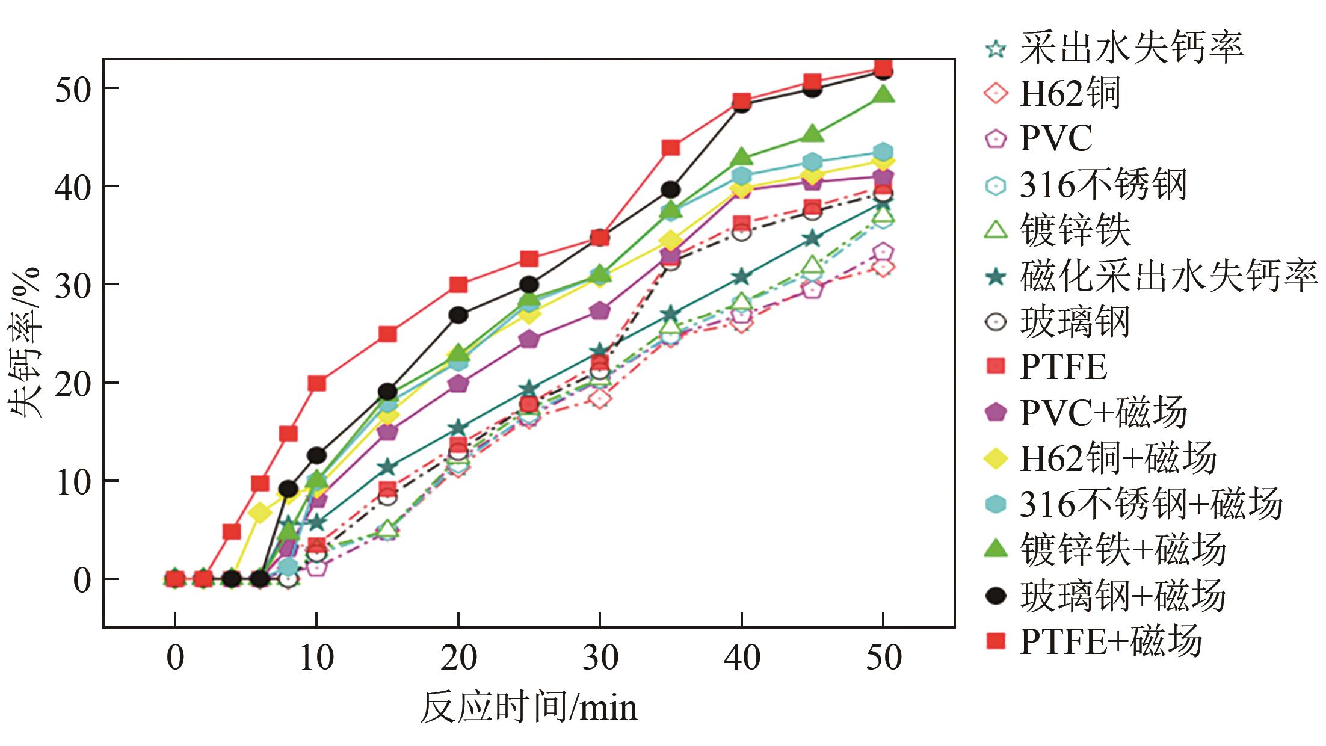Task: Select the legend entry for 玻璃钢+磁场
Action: [1122, 595]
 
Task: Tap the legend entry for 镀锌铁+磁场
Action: [1122, 549]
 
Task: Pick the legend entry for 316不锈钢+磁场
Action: [1150, 504]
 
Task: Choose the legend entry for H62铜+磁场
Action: [1117, 458]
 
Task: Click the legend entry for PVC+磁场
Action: [1103, 413]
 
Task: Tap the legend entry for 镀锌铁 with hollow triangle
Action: [1075, 230]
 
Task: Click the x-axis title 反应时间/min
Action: [528, 707]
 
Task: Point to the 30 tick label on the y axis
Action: [73, 284]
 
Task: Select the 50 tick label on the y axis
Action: [73, 88]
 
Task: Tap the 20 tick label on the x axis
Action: [458, 658]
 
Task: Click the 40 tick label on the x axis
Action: [742, 658]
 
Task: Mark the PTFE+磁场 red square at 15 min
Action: [387, 333]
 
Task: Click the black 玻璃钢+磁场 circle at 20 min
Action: [458, 315]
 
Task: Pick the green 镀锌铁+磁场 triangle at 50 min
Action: [883, 94]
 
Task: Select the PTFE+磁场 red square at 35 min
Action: [671, 147]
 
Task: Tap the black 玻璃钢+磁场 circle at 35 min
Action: [671, 190]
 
